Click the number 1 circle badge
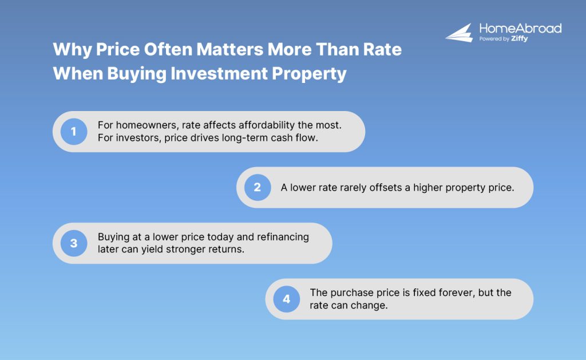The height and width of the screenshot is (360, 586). [x=73, y=132]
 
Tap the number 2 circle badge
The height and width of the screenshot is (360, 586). [x=257, y=187]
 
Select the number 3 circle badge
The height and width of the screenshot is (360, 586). [x=73, y=243]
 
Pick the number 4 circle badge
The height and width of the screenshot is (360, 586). [x=286, y=299]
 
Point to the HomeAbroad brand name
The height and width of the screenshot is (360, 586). [x=520, y=28]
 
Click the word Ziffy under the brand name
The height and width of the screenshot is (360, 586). [x=520, y=39]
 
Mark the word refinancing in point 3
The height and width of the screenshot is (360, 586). [x=282, y=237]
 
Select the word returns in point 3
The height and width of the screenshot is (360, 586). [x=228, y=250]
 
